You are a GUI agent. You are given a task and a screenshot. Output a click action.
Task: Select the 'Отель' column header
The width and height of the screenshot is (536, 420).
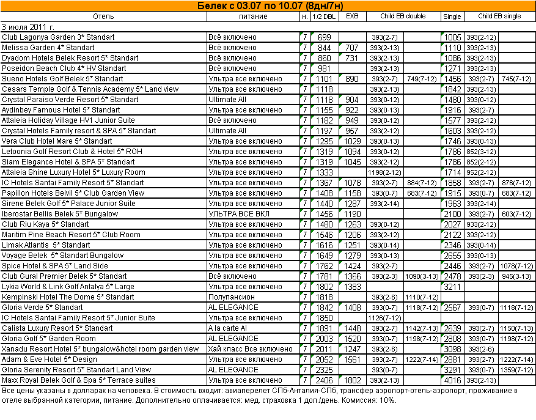tap(104, 17)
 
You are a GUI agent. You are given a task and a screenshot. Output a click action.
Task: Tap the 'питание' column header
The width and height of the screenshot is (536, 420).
tap(253, 17)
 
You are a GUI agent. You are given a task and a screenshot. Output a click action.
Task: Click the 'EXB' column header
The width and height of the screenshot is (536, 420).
tap(352, 17)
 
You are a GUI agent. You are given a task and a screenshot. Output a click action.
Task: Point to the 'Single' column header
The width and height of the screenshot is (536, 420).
tap(452, 17)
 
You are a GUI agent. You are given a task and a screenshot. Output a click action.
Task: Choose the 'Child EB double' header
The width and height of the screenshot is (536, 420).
tap(403, 17)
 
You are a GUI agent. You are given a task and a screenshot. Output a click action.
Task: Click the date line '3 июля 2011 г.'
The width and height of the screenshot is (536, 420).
tap(28, 27)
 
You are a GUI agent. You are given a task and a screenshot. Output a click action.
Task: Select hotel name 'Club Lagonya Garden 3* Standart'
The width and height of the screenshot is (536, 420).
tap(58, 37)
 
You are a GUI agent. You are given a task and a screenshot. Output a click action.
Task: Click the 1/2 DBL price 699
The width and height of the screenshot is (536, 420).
tap(324, 37)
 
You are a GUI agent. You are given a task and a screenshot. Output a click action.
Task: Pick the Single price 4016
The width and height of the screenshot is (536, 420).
tap(452, 380)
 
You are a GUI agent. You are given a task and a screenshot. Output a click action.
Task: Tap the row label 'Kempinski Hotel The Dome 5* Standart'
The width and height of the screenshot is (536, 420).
tap(68, 297)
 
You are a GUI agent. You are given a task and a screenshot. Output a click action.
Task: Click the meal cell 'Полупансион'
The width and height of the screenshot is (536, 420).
tap(232, 297)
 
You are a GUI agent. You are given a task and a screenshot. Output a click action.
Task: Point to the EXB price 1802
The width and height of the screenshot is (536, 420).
tap(352, 380)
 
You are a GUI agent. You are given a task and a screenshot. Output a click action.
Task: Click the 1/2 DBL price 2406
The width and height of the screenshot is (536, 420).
tap(324, 380)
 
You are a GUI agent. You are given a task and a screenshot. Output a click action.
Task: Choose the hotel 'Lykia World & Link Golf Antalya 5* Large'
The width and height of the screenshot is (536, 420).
tap(68, 287)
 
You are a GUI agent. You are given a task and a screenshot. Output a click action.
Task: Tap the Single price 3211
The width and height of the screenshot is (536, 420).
tap(452, 287)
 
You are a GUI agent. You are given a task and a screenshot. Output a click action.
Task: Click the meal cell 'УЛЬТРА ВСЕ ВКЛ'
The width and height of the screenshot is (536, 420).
tap(238, 214)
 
